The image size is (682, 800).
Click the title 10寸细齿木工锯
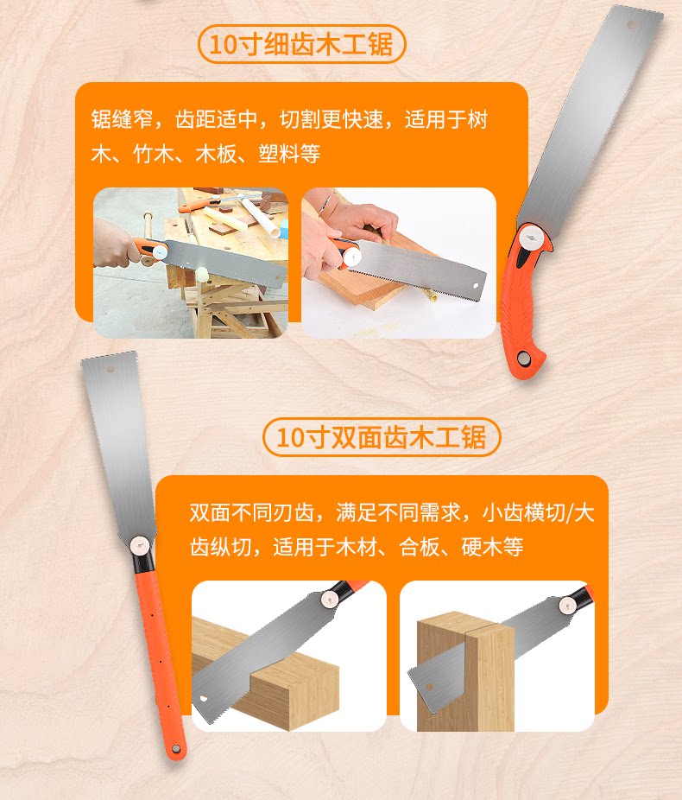point(301,43)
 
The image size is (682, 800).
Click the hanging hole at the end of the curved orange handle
point(525,357)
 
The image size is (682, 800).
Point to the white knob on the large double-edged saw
point(140,545)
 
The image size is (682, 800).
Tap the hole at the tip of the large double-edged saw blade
point(110,371)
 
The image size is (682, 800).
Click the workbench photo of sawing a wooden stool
point(190,263)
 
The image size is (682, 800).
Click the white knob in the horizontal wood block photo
point(329,599)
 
